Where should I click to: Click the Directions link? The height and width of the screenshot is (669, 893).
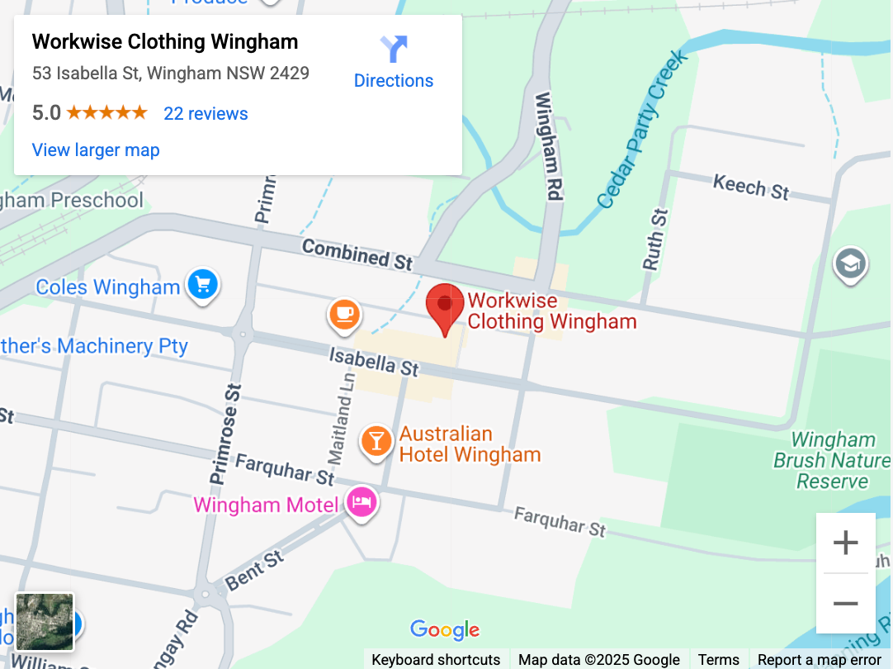coord(394,63)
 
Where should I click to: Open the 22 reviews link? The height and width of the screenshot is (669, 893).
coord(206,113)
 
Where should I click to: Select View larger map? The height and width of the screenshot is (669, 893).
coord(96,150)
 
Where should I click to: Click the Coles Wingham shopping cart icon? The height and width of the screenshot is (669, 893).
coord(202,285)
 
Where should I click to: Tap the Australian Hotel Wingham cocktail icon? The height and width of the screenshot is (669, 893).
coord(376,440)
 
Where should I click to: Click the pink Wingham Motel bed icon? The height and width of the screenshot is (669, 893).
coord(361,501)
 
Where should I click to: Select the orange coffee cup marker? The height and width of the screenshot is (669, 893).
coord(344,314)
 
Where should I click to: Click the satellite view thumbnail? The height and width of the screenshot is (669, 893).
coord(45,621)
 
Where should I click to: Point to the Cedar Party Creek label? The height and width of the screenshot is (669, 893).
coord(643,130)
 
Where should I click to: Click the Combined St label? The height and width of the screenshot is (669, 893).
coord(357,254)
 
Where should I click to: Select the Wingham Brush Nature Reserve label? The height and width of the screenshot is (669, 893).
coord(832,461)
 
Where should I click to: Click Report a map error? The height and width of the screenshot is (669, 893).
coord(819,659)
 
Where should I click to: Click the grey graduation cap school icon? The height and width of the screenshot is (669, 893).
coord(850,263)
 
